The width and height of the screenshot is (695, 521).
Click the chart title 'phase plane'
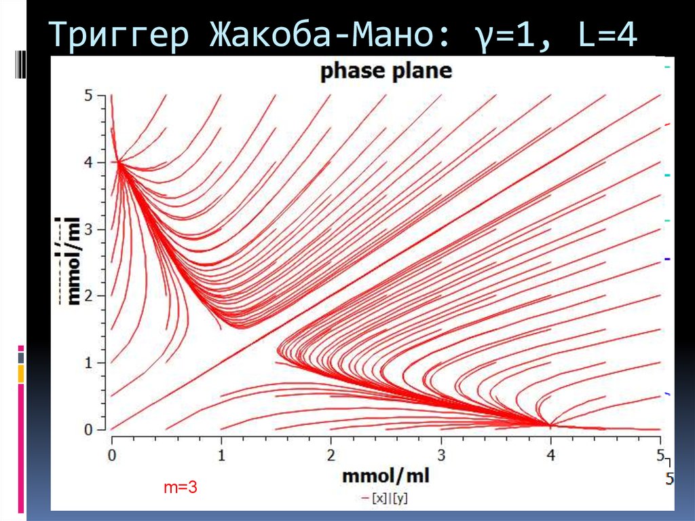pos(386,71)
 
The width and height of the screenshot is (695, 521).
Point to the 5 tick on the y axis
pos(88,96)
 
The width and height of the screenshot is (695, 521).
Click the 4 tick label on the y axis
pos(88,162)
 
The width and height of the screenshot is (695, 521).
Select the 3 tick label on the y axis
pos(88,229)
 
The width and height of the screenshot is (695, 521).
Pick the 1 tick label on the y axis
pos(88,363)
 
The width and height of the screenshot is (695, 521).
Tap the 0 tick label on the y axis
pos(88,429)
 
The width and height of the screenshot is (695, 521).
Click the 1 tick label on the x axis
pos(221,452)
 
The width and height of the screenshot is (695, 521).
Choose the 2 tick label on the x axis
pos(331,452)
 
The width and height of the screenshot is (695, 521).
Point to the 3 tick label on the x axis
pos(440,452)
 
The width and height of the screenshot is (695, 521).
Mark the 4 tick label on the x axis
pos(550,452)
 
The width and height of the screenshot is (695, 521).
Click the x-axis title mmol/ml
pos(385,473)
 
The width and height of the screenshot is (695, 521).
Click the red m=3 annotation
pos(180,486)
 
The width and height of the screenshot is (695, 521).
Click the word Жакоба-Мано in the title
pos(318,35)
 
